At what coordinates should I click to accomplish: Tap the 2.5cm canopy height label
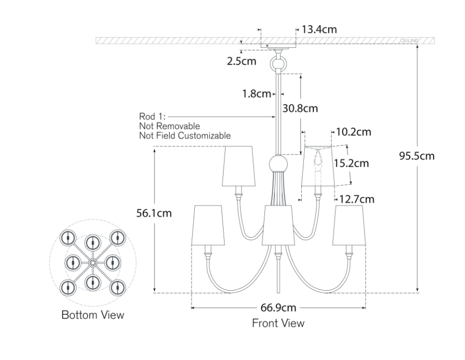click(241, 61)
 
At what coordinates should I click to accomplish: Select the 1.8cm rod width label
click(256, 94)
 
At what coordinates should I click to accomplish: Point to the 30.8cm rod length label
click(300, 109)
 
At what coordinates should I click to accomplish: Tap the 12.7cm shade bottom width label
click(357, 199)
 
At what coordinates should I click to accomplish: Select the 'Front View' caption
click(278, 323)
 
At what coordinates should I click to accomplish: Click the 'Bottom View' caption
click(93, 315)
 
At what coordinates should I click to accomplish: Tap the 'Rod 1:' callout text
click(152, 117)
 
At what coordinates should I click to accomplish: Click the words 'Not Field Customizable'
click(185, 136)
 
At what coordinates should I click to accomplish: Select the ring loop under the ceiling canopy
click(278, 65)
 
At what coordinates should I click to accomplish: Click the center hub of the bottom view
click(92, 261)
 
